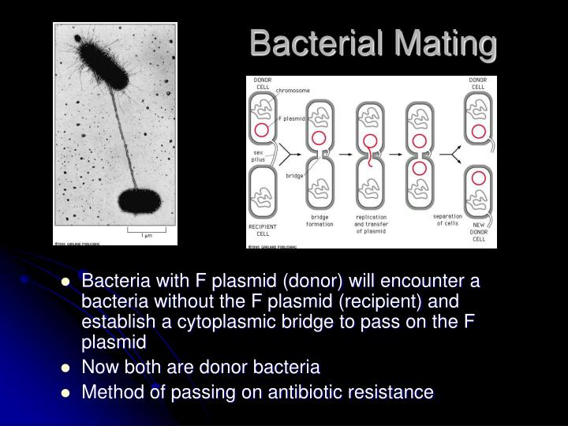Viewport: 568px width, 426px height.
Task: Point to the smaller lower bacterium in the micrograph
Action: (x=139, y=201)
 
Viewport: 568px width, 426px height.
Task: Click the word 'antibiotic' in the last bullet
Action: (x=297, y=391)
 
